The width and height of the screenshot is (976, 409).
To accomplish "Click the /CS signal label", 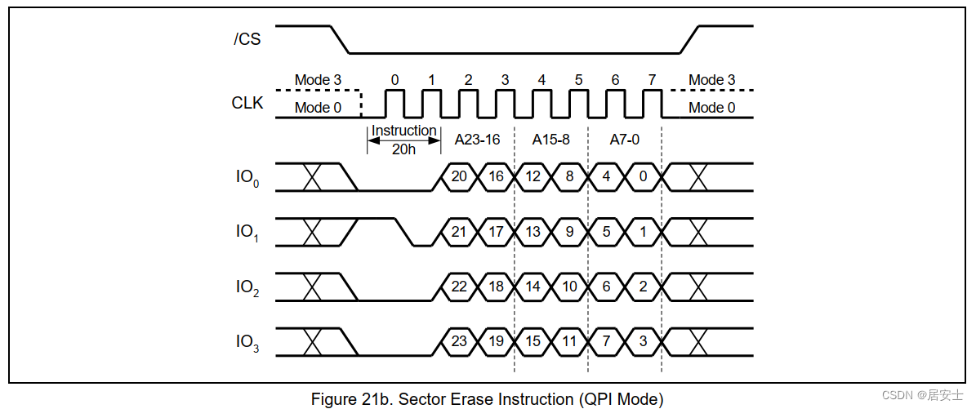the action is (247, 39).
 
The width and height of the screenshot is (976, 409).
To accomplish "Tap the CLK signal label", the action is (247, 104).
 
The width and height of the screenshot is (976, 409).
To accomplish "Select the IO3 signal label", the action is (247, 343).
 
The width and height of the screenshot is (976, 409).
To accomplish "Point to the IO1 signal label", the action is (247, 233).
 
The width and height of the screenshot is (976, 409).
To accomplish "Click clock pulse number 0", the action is (394, 80).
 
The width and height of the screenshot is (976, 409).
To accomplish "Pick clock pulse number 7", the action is (652, 80).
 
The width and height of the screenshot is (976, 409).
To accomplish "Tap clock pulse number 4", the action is (541, 80).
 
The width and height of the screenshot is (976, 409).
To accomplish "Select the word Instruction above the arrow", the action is (404, 131).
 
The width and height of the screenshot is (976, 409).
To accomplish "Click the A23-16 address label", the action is (478, 140).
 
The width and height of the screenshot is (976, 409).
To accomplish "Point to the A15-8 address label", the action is (550, 140).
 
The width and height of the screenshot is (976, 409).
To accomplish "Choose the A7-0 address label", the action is (624, 140).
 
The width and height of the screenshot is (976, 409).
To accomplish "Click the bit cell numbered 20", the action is (459, 177).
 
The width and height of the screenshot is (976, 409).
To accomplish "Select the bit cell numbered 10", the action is (569, 287).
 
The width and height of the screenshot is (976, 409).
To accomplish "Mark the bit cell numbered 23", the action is (459, 342).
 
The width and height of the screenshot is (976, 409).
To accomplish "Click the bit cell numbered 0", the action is (643, 177).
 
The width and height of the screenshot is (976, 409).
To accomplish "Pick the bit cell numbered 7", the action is (606, 342).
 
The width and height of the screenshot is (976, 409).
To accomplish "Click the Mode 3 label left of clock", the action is (318, 80).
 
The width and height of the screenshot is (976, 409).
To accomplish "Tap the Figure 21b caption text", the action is (488, 398).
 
